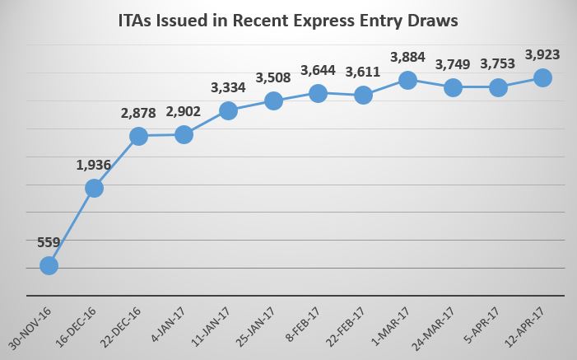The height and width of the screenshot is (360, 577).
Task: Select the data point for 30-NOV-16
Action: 49,265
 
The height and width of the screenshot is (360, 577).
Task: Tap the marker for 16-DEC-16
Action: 94,188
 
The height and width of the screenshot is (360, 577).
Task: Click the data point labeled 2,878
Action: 139,136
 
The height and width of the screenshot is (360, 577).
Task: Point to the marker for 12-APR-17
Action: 542,77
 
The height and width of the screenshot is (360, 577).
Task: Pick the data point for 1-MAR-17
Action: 407,80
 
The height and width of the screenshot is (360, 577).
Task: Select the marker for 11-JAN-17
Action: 229,110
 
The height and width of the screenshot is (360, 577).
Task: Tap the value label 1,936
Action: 93,166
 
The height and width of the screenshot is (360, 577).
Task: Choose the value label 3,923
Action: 542,55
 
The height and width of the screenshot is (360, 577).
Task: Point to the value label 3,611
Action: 362,72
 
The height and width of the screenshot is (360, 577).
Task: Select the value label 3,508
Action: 272,79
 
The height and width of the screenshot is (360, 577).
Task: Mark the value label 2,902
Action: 184,112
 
